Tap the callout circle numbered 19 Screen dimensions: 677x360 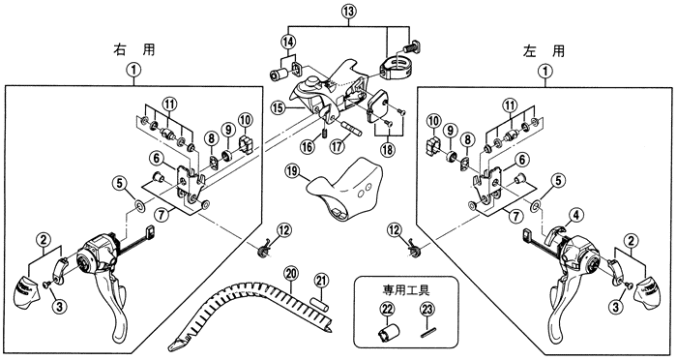click(x=292, y=170)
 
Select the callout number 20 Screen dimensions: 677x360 click(x=291, y=273)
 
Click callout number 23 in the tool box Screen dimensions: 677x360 click(x=427, y=310)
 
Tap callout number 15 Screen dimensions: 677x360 click(x=280, y=107)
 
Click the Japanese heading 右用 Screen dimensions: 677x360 click(x=133, y=50)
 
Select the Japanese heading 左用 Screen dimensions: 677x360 click(x=544, y=51)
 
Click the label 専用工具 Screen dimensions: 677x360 click(x=405, y=289)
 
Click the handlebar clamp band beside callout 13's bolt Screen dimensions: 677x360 click(x=396, y=69)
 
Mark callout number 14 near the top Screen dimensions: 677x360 click(x=289, y=42)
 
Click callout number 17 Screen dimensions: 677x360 click(x=338, y=146)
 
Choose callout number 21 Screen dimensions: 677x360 click(x=320, y=281)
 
